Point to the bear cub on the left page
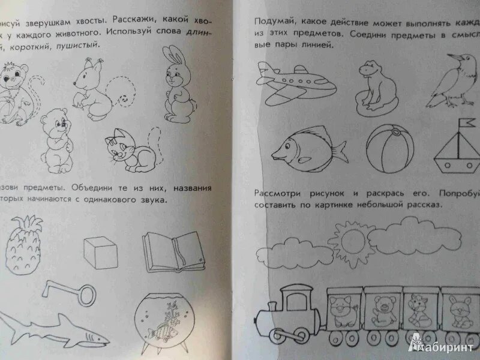click(x=57, y=137)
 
